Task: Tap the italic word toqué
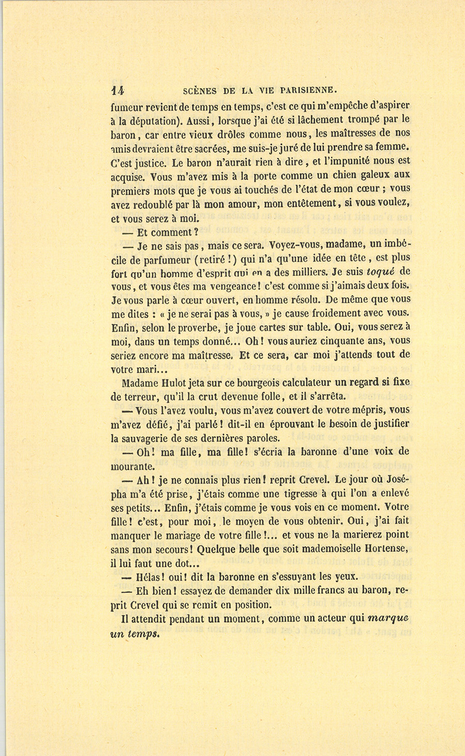tap(382, 271)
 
